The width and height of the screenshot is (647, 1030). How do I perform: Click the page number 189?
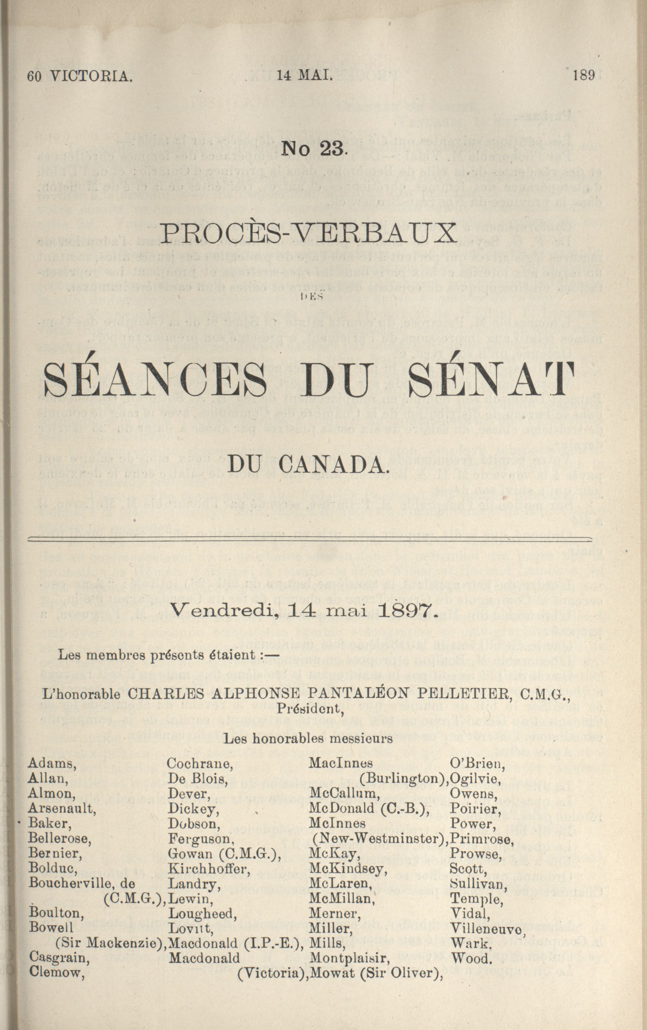click(x=584, y=76)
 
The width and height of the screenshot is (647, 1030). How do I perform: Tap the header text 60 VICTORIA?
click(x=80, y=77)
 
